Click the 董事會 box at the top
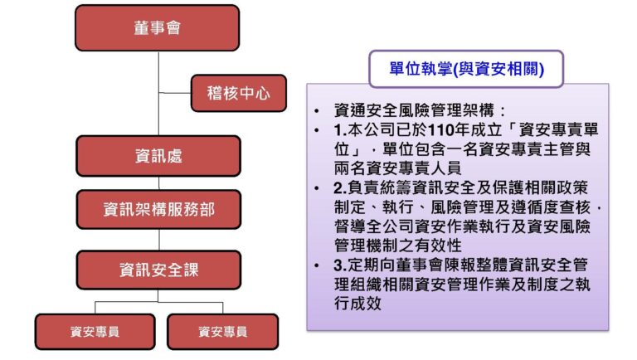(x=158, y=27)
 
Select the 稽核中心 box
(x=239, y=93)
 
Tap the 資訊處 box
(x=158, y=156)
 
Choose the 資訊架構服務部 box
(x=158, y=209)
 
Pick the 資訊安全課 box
(x=158, y=270)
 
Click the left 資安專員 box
(x=95, y=332)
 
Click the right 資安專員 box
(x=222, y=332)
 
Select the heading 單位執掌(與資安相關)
(x=466, y=69)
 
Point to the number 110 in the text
(x=440, y=130)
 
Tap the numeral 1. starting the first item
(x=340, y=130)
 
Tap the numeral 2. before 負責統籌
(x=340, y=187)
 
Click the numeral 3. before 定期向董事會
(x=340, y=265)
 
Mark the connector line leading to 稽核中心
(x=175, y=93)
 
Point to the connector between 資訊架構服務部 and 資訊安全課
(x=159, y=240)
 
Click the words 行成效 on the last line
(x=358, y=303)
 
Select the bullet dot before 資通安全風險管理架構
(x=317, y=110)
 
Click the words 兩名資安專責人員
(x=398, y=168)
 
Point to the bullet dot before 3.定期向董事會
(x=317, y=265)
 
